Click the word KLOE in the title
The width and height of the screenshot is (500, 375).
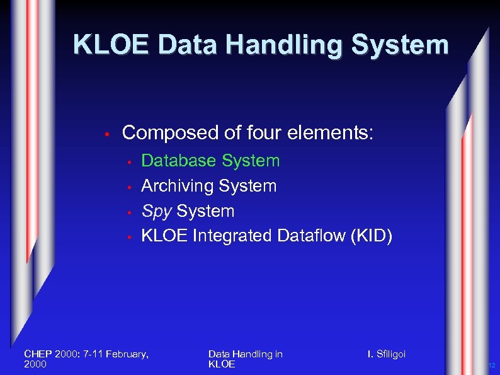coord(110,45)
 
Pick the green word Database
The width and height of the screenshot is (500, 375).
coord(179,161)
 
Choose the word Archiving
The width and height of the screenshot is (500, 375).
coord(178,186)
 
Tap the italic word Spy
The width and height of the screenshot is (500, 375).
coord(156,211)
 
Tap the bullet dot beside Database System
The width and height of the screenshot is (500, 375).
coord(128,162)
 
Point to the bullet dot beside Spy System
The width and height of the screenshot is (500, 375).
coord(128,212)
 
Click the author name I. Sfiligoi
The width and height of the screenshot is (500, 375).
coord(387,354)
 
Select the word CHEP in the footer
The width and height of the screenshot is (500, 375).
coord(38,354)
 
